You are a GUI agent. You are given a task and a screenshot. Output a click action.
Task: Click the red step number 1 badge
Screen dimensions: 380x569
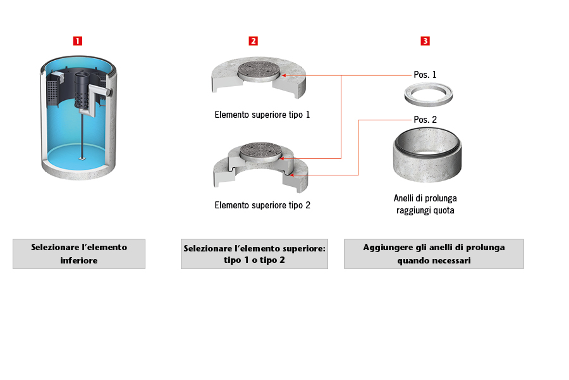78,41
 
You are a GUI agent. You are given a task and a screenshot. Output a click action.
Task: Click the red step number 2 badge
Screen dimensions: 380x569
253,41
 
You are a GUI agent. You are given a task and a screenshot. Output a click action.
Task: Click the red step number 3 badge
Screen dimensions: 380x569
425,41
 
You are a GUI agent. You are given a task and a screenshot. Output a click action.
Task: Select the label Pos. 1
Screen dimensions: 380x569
425,75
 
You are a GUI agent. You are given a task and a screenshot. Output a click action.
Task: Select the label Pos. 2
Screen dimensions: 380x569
425,119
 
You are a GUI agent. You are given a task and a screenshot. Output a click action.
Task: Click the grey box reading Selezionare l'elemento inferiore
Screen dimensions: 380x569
79,253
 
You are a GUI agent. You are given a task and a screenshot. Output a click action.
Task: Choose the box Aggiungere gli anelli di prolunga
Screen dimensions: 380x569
434,253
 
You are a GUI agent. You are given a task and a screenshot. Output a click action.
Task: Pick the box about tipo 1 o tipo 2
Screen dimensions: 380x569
254,254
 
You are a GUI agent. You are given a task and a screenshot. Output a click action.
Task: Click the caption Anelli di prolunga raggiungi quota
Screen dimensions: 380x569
425,205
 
